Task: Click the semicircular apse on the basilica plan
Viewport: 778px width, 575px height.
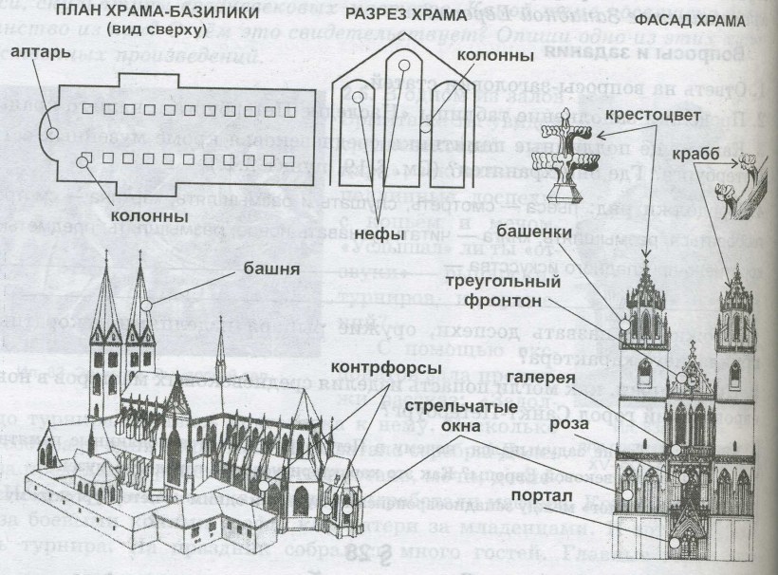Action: point(54,132)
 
